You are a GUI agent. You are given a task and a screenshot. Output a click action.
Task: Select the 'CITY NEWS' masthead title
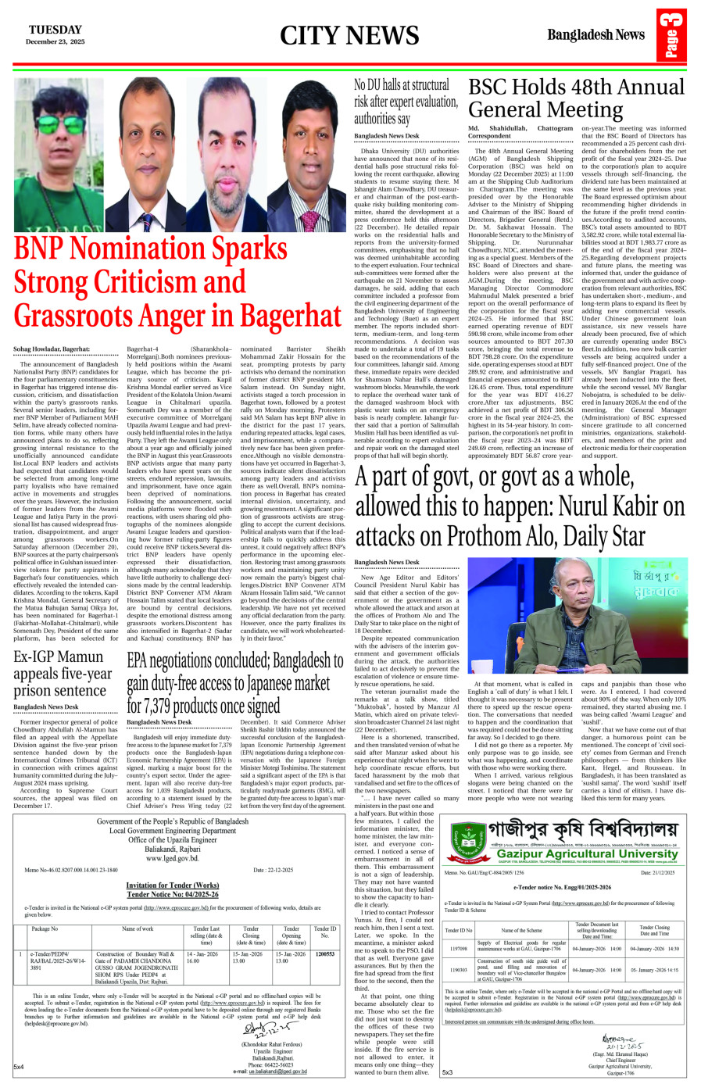[349, 35]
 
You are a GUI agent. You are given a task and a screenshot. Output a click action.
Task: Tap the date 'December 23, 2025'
[55, 41]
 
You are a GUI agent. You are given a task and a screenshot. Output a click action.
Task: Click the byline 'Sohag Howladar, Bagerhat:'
[51, 348]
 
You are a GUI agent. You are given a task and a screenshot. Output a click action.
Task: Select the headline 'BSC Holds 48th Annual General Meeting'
[576, 98]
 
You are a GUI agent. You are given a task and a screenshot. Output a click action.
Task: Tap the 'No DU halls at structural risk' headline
[406, 101]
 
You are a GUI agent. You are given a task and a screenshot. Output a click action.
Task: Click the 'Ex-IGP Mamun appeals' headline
[63, 673]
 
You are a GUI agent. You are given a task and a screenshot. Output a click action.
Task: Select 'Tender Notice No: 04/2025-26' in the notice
[172, 894]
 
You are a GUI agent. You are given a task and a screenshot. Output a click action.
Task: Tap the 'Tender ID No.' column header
[324, 932]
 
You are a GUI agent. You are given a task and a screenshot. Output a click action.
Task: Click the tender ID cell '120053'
[324, 954]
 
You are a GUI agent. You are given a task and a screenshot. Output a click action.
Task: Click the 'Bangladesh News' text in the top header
[595, 34]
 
